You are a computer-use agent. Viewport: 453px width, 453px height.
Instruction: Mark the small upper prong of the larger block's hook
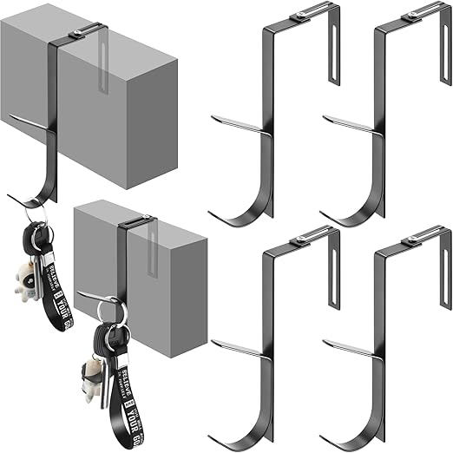tap(26, 120)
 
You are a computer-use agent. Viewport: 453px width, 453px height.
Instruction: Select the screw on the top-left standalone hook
tap(300, 13)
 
